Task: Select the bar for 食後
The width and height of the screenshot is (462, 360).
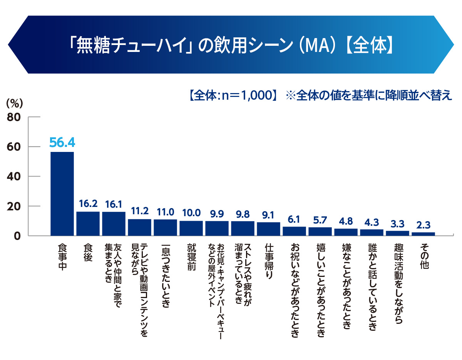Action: (x=88, y=223)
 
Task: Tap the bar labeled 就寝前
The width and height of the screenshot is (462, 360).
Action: (x=191, y=228)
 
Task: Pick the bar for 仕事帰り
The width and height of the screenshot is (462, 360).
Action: (x=268, y=229)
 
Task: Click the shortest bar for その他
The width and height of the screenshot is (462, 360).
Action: (x=423, y=234)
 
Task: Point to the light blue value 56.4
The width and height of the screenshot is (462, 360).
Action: (x=62, y=143)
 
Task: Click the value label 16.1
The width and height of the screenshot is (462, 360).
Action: (x=114, y=204)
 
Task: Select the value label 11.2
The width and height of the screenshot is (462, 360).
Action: (x=139, y=211)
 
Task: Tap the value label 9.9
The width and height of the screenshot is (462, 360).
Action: (x=217, y=213)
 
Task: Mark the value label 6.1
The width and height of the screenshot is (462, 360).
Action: (x=294, y=219)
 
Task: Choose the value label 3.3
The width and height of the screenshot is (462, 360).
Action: (x=397, y=223)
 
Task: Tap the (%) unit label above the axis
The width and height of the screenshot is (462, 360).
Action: (x=15, y=103)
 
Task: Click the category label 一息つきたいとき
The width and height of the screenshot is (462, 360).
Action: (x=165, y=275)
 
